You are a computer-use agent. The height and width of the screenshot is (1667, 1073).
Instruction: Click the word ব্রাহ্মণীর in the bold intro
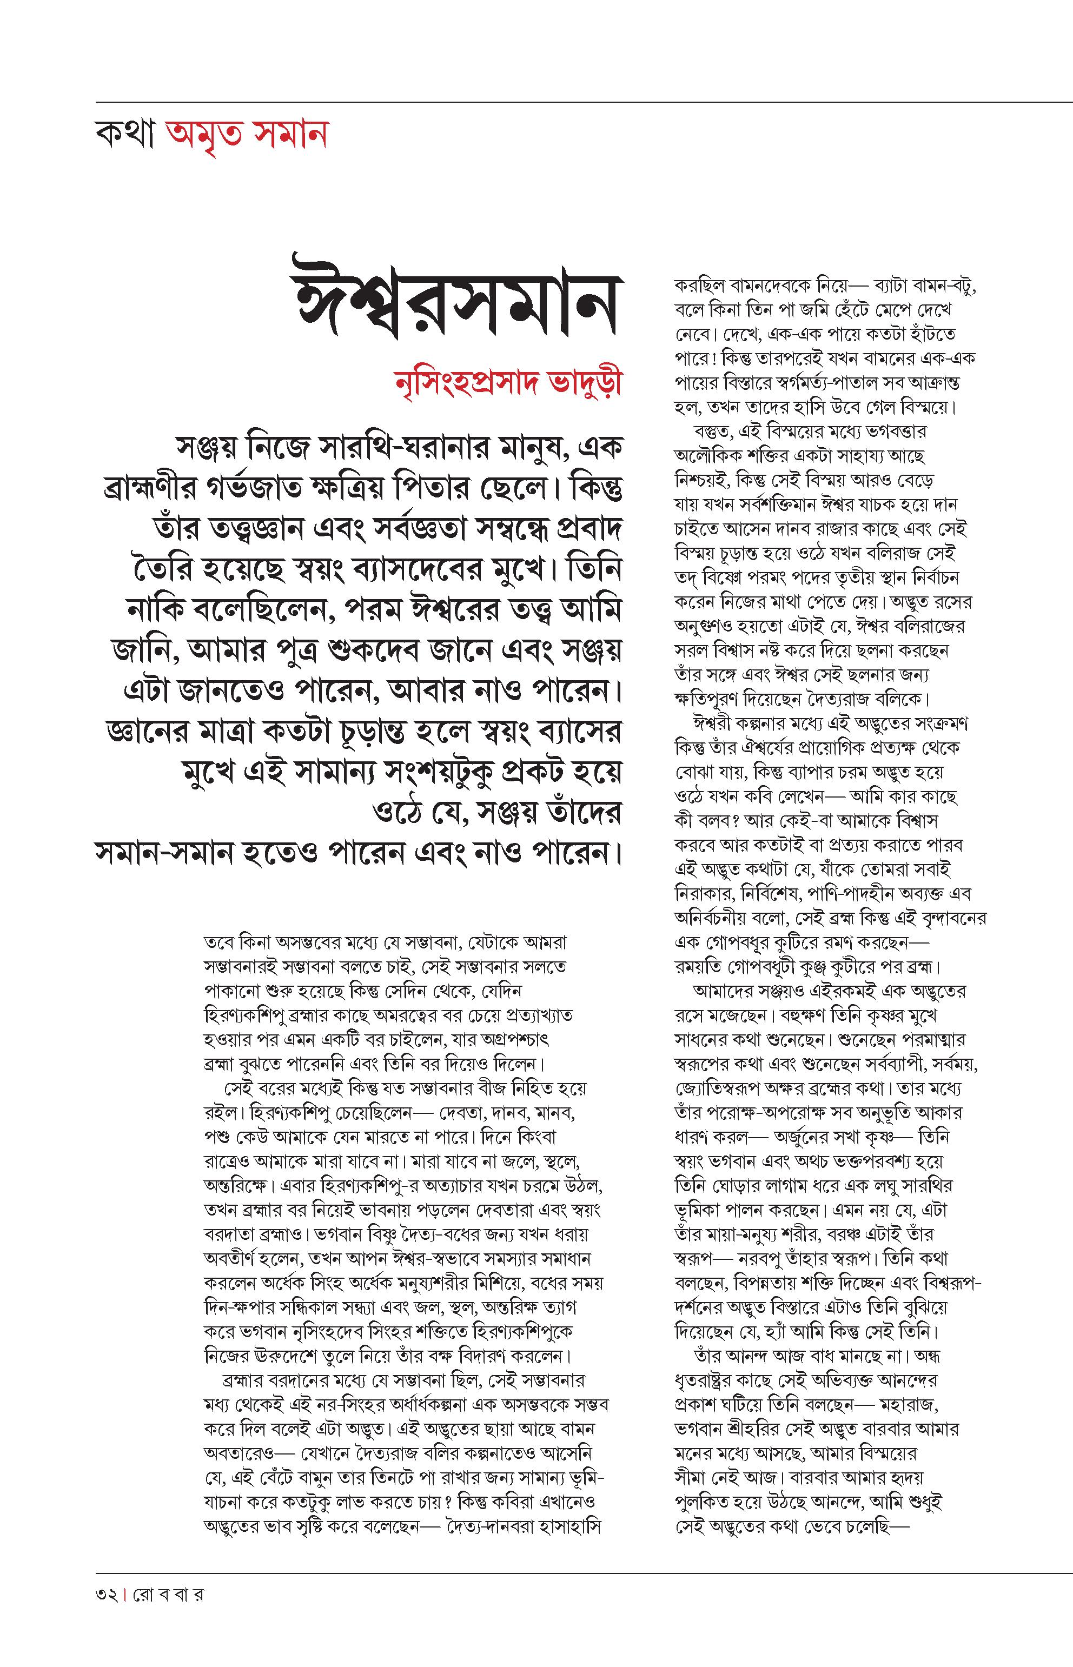point(157,488)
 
